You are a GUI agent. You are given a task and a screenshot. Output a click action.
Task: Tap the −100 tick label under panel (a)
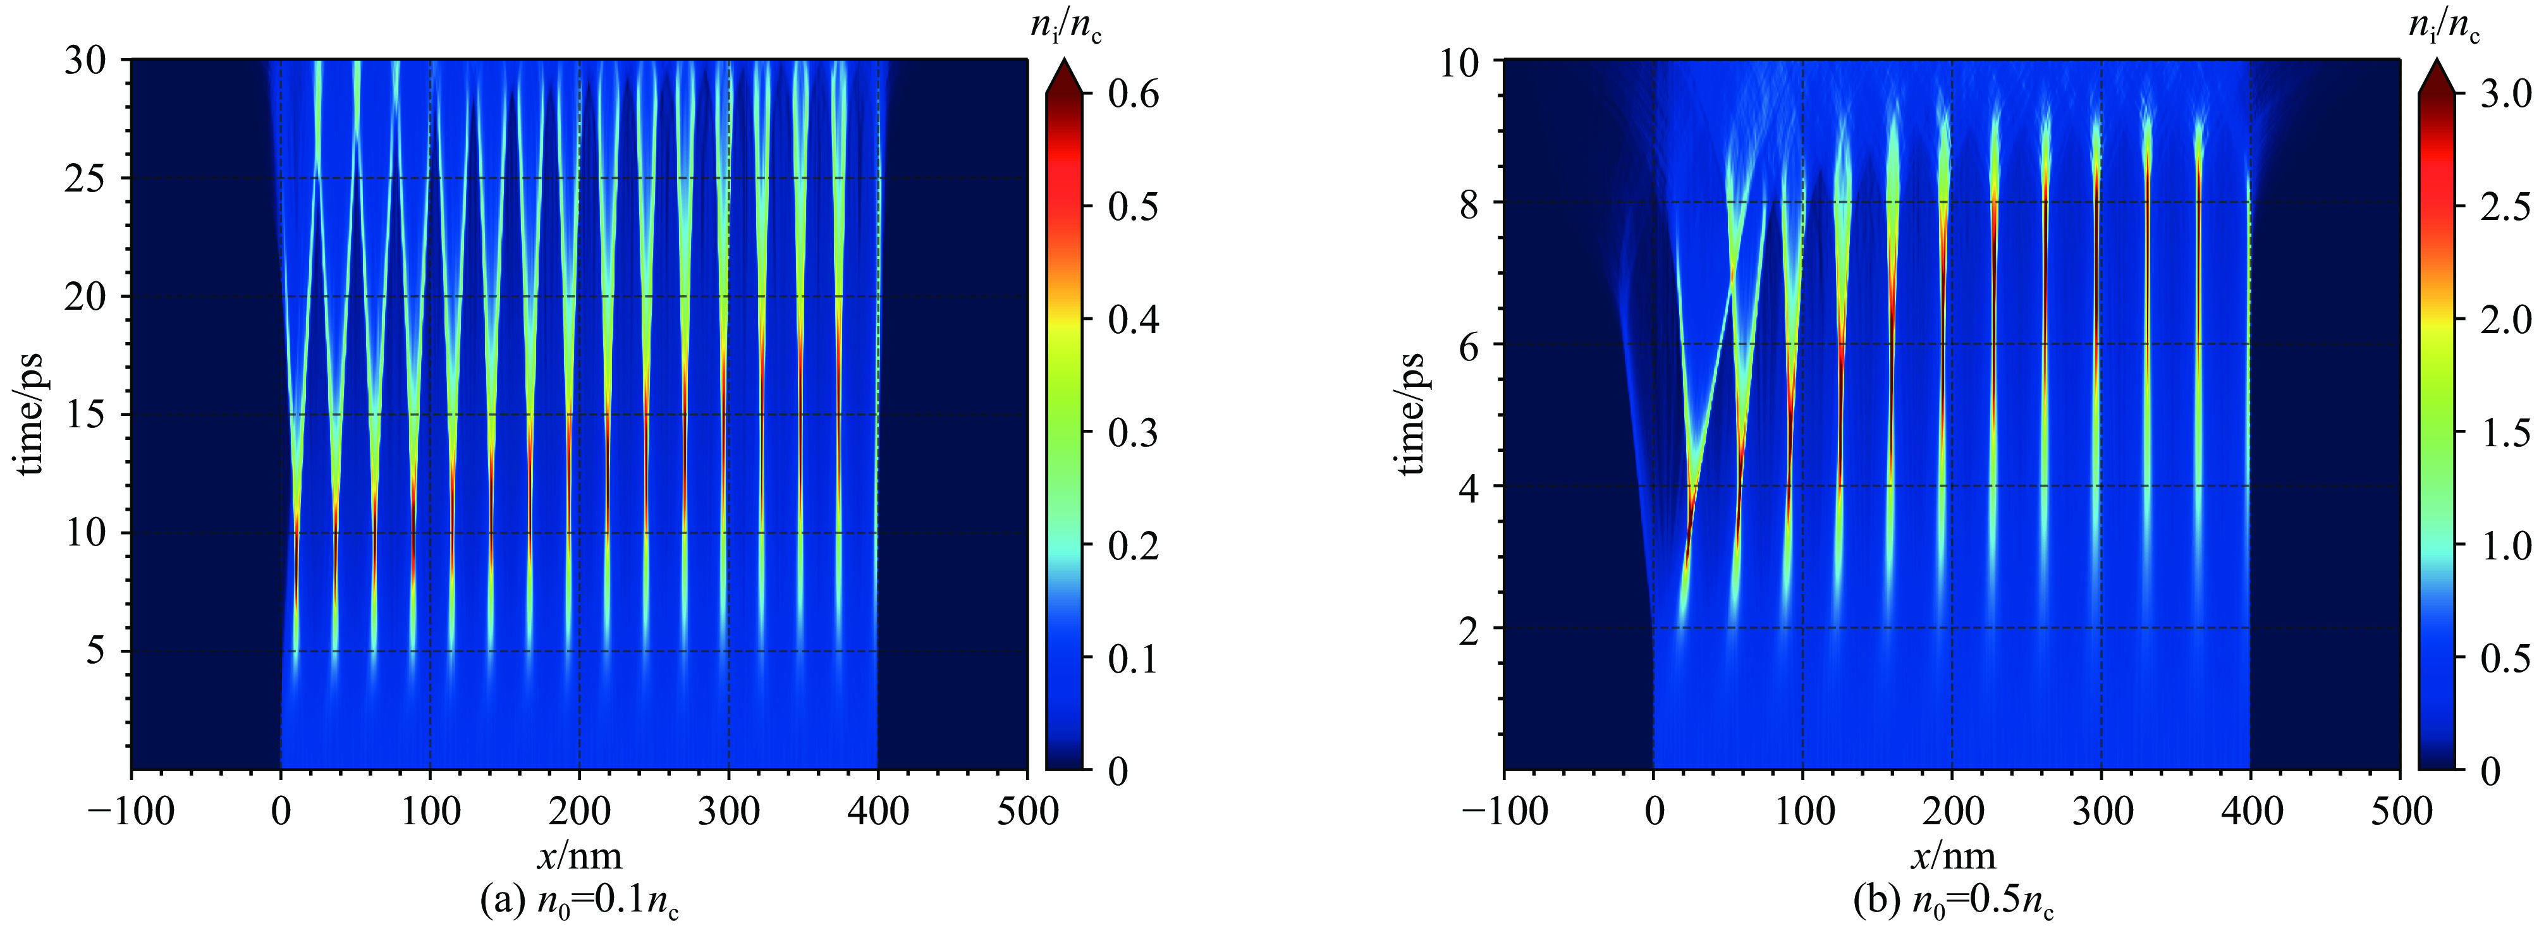[133, 811]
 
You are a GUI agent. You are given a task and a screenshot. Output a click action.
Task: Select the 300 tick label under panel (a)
[728, 811]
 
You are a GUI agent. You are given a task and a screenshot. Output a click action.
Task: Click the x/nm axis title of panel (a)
[578, 855]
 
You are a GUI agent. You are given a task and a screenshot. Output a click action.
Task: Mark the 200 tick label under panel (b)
[1952, 811]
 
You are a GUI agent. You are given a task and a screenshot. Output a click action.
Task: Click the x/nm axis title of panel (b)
[1952, 855]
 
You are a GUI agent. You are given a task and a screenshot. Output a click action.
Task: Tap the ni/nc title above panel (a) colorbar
[1067, 28]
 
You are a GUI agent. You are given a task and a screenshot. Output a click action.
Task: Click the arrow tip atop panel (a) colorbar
[1063, 61]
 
